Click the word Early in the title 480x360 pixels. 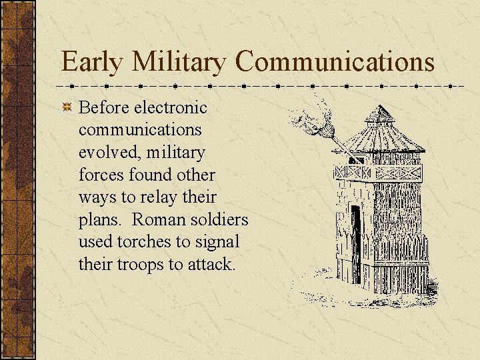point(91,62)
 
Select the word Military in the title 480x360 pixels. point(179,62)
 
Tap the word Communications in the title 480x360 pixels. point(335,62)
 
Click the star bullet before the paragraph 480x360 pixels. point(67,108)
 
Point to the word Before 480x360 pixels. point(104,107)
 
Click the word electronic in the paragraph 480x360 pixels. point(171,107)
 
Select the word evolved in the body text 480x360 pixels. point(107,153)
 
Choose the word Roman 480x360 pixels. point(159,219)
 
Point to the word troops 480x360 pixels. point(138,265)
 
